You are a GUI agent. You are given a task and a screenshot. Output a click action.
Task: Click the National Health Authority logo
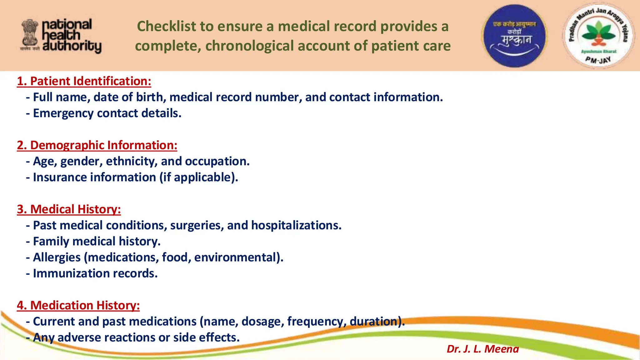click(x=61, y=36)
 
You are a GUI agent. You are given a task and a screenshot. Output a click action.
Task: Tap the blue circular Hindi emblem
click(x=514, y=36)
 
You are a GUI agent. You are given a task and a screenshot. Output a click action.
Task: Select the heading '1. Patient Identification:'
click(x=84, y=81)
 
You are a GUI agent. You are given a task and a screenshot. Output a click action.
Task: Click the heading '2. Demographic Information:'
click(x=97, y=145)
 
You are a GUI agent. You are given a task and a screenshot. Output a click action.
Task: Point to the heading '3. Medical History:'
click(x=69, y=209)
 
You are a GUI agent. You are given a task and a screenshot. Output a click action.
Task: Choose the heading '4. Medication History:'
click(x=78, y=305)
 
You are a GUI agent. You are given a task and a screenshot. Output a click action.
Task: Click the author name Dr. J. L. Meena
click(x=482, y=349)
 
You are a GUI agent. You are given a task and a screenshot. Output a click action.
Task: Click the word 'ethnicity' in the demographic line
click(x=132, y=161)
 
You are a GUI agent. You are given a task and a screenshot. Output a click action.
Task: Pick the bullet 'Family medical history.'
click(x=97, y=241)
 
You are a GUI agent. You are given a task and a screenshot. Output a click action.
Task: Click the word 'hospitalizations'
click(x=295, y=225)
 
